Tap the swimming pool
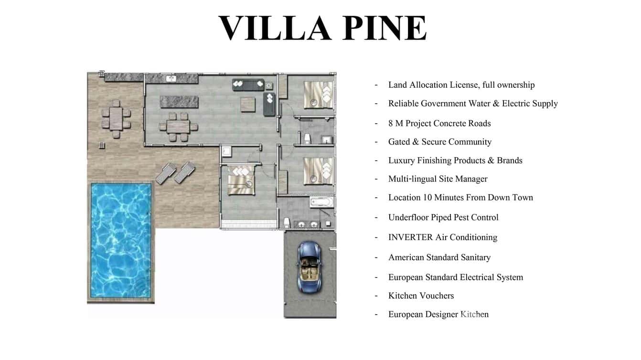coord(121,240)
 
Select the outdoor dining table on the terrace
coord(116,119)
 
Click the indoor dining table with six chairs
coord(178,127)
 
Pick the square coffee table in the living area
coord(248,105)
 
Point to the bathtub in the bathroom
coord(321,202)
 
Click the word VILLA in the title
coord(275,28)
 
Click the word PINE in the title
coord(385,28)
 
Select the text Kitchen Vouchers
coord(421,296)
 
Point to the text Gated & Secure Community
coord(440,142)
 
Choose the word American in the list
coord(406,257)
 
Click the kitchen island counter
coord(179,102)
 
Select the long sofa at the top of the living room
coord(248,85)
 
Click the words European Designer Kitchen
coord(438,314)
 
